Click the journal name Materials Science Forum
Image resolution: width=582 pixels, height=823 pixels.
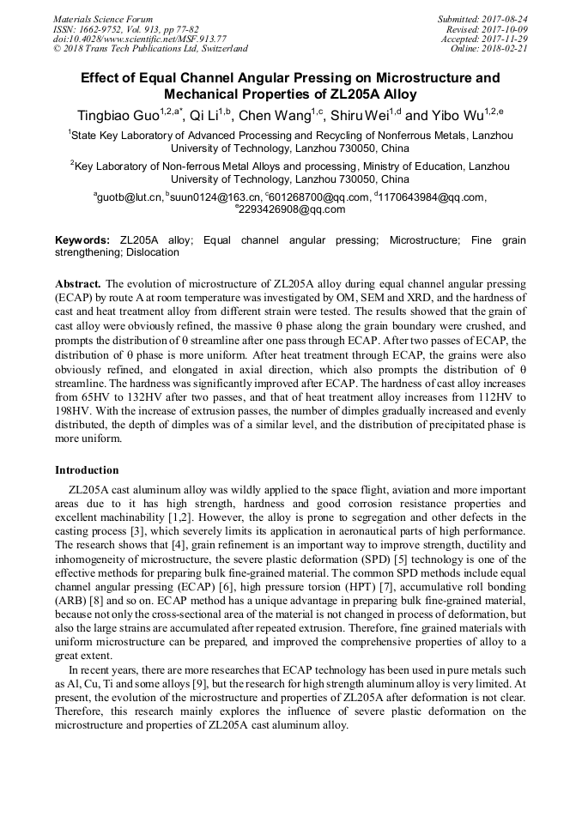coord(103,19)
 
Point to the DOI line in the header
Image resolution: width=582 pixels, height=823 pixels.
coord(140,39)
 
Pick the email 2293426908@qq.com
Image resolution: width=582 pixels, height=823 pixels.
coord(292,209)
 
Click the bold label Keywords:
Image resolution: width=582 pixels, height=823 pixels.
coord(82,240)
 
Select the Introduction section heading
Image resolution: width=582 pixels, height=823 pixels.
coord(87,470)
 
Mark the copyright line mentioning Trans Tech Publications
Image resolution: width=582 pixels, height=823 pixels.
coord(150,49)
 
